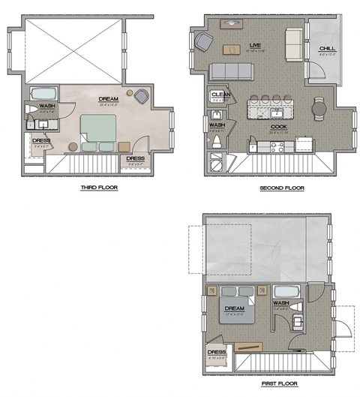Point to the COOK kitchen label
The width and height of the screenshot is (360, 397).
pyautogui.click(x=279, y=126)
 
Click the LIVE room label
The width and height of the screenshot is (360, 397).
pyautogui.click(x=253, y=46)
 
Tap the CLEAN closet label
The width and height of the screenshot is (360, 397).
pyautogui.click(x=217, y=95)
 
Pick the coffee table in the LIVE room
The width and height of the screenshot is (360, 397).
pyautogui.click(x=253, y=50)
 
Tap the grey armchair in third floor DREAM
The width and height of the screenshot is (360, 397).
pyautogui.click(x=141, y=95)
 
